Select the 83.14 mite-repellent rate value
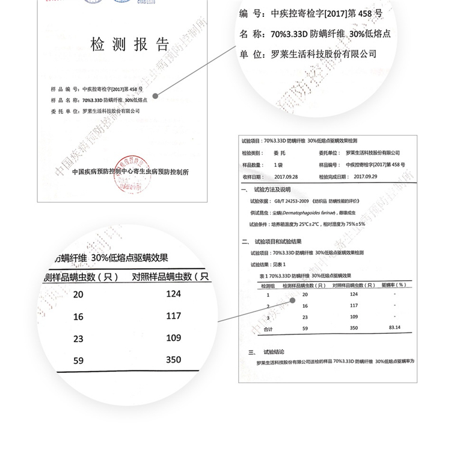394,328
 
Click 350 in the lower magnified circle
173,359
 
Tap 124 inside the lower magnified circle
173,293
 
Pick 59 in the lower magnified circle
78,361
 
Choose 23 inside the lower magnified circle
78,339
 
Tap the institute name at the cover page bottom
130,171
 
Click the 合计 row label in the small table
269,329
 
